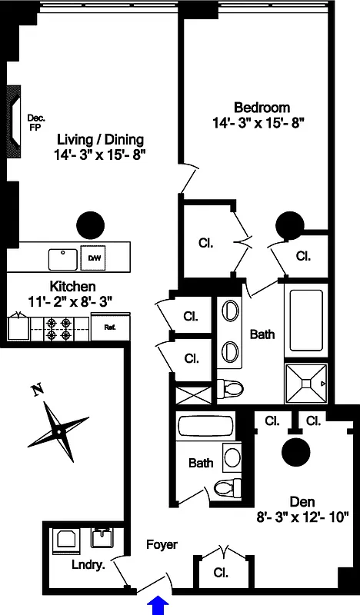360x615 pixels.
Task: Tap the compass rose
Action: click(58, 432)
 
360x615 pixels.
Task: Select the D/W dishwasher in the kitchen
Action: click(93, 258)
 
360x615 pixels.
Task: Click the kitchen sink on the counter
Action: click(63, 259)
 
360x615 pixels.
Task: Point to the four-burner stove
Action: click(60, 329)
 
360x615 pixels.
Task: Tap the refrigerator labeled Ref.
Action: click(110, 326)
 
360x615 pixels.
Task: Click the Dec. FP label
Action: click(35, 122)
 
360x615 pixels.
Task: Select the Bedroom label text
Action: click(262, 107)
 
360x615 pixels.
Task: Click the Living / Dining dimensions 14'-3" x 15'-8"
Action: click(100, 155)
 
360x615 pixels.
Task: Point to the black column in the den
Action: click(296, 451)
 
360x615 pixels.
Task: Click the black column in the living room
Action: click(90, 225)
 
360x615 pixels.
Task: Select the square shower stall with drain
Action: click(306, 383)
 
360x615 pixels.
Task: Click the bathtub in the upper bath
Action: click(306, 321)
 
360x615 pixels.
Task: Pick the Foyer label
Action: click(162, 544)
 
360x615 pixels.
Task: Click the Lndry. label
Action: click(88, 566)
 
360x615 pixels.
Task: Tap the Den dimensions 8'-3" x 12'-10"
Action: click(302, 517)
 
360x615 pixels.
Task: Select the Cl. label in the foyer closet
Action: click(221, 573)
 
